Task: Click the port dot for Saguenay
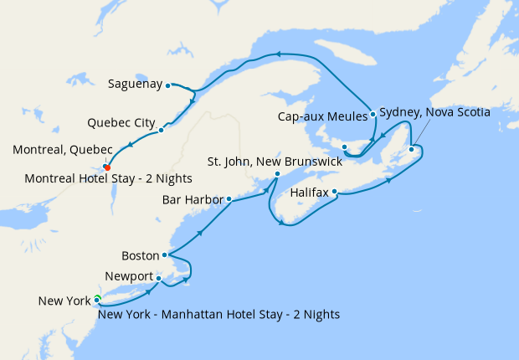point(168,85)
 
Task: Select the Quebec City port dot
point(161,130)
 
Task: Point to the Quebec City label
point(121,123)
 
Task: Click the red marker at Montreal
point(106,167)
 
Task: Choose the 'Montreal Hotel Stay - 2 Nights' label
point(109,178)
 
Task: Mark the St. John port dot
point(278,174)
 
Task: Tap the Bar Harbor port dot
point(229,199)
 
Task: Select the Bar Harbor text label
point(193,200)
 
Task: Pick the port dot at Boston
point(165,255)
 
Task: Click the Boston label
point(140,255)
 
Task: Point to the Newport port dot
point(158,279)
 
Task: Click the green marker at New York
point(97,298)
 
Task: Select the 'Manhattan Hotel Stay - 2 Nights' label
point(218,315)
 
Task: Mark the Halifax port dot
point(335,192)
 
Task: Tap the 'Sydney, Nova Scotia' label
point(434,111)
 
